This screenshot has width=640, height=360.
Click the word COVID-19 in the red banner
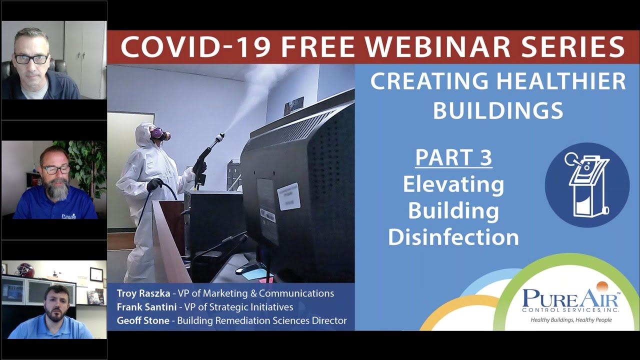coord(196,47)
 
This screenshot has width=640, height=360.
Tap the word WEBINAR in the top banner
coord(430,47)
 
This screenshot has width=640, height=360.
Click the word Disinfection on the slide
coord(453,236)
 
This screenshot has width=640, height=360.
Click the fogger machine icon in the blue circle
coord(587,185)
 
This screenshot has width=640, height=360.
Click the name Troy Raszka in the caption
coord(141,293)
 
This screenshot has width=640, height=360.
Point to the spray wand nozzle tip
coord(221,135)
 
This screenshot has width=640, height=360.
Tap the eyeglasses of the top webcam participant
coord(31,58)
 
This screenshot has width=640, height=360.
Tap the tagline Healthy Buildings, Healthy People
coord(571,319)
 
